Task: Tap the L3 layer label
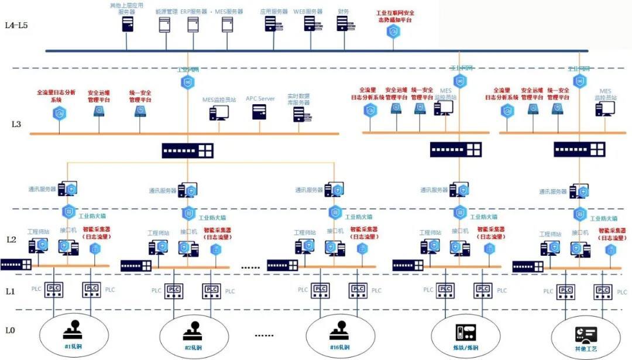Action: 16,125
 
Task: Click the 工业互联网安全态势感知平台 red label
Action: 395,15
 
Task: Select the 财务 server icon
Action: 343,23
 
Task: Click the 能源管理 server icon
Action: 164,24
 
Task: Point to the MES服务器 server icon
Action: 228,24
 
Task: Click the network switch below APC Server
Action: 188,150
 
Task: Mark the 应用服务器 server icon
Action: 271,23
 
